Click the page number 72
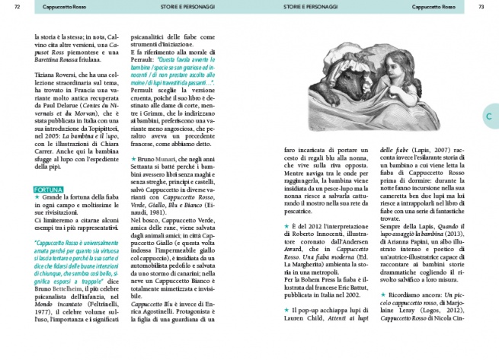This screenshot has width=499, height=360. click(x=17, y=7)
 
